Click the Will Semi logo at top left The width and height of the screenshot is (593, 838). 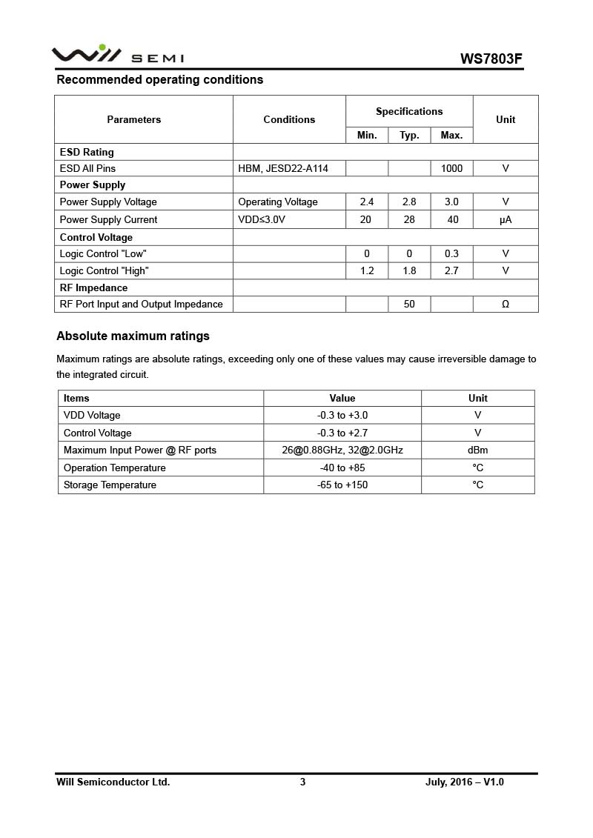tap(117, 55)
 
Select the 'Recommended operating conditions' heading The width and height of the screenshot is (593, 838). tap(159, 79)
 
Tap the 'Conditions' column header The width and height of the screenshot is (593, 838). tap(289, 119)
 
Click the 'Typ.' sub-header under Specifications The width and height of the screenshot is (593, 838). tap(409, 135)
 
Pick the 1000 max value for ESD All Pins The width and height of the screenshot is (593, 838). tap(451, 168)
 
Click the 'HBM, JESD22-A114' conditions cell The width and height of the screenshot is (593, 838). tap(282, 168)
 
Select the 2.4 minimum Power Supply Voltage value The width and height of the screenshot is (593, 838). tap(367, 202)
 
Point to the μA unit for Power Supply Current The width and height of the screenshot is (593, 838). tap(506, 219)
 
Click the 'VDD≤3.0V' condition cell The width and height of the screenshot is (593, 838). tap(262, 219)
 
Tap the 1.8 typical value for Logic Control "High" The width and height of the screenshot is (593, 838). tap(409, 270)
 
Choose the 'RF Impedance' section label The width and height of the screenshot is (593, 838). tap(93, 287)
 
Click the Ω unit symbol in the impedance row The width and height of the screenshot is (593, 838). tap(506, 304)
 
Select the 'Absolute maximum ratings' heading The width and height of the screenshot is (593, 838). tap(133, 336)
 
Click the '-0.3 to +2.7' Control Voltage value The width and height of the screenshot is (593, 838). tap(342, 433)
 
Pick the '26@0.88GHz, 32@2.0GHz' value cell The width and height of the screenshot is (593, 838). tap(342, 450)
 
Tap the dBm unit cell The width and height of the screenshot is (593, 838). tap(477, 450)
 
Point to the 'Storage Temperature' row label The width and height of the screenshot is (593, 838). tap(110, 485)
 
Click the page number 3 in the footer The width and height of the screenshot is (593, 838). tap(302, 782)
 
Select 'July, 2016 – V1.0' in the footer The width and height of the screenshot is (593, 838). tap(465, 782)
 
